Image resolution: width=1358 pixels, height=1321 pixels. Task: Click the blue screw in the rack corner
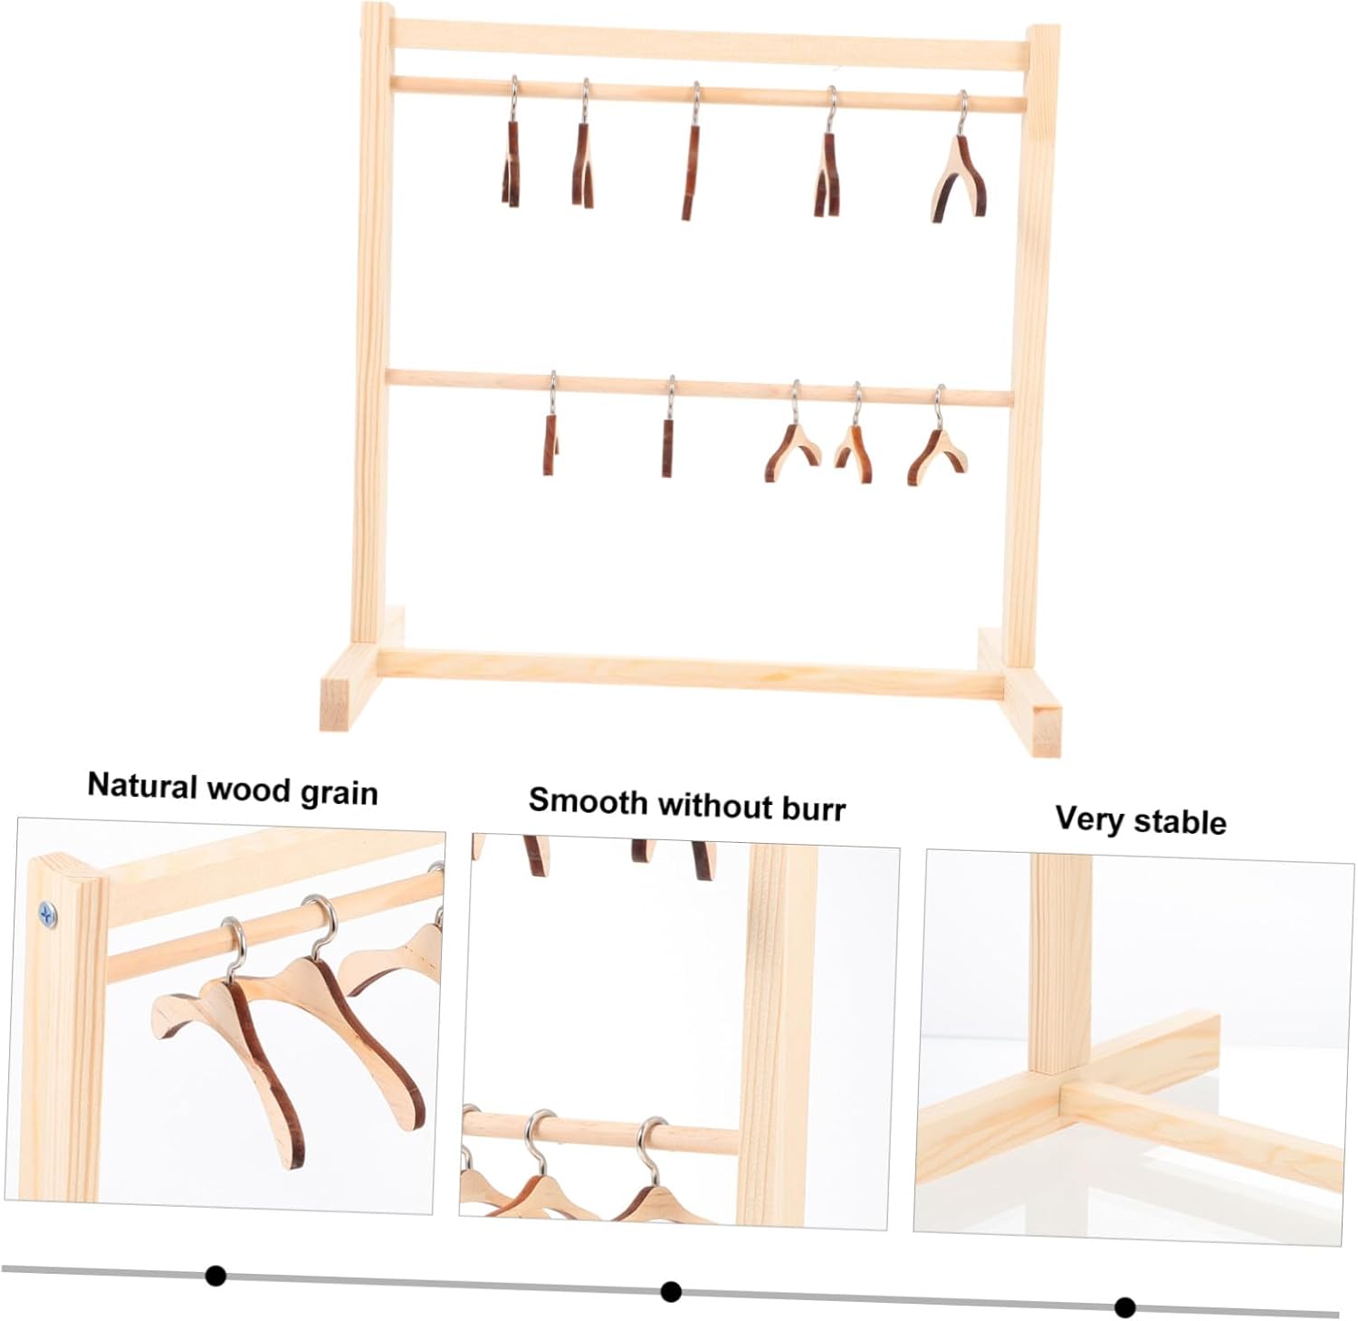click(48, 914)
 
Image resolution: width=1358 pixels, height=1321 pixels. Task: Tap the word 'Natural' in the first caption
click(143, 784)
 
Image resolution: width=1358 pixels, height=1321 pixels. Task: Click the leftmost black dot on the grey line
click(215, 1276)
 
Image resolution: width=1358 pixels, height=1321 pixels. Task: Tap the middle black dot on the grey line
click(671, 1291)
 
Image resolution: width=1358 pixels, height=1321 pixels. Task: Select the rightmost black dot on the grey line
click(1125, 1307)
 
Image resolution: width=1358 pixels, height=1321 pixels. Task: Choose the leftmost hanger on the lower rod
click(550, 435)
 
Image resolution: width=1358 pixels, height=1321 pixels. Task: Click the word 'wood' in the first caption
click(250, 789)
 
